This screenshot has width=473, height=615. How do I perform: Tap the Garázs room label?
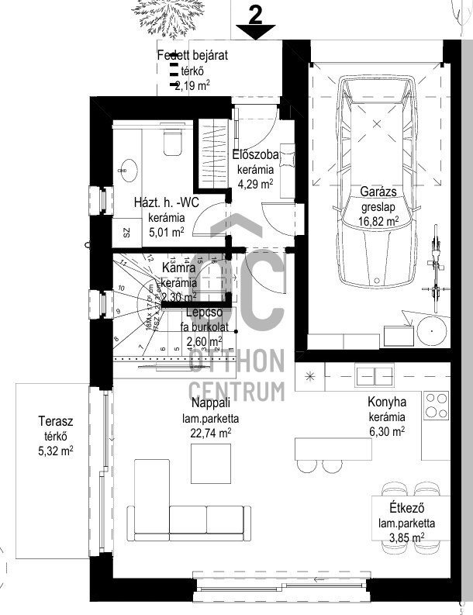379,192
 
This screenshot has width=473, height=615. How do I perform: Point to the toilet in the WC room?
172,143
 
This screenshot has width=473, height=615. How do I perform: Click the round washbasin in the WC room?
126,166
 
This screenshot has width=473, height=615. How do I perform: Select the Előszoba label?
255,154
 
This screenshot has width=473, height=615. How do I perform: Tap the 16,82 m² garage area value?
379,221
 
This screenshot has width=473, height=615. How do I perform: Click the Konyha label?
387,403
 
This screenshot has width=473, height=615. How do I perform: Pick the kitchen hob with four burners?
436,404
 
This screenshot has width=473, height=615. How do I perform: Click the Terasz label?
56,422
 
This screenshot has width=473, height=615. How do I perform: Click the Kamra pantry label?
183,268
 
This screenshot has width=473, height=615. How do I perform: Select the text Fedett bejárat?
192,56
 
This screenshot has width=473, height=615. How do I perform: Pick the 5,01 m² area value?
166,231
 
